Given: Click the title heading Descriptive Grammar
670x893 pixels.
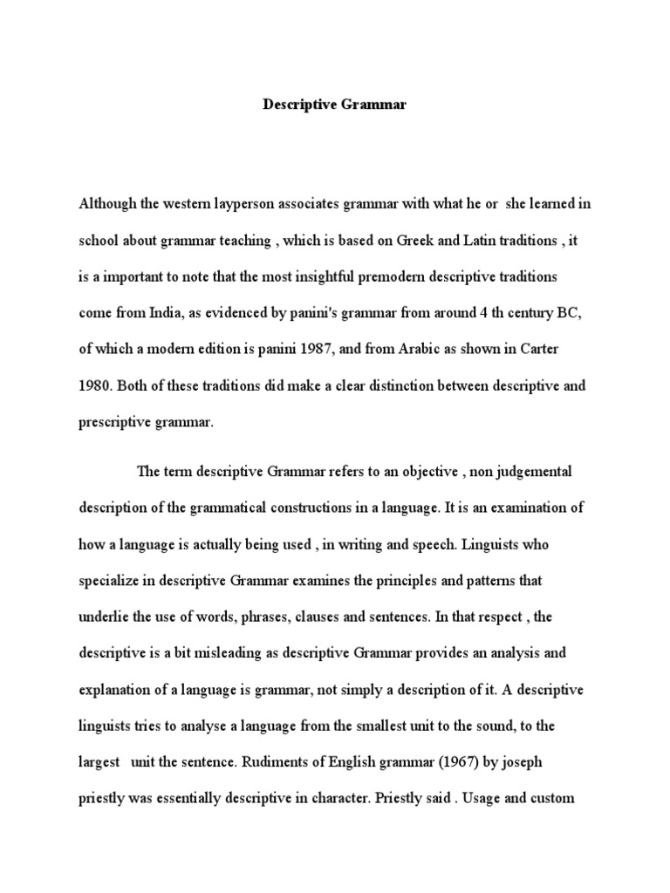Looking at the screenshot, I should [x=335, y=106].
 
